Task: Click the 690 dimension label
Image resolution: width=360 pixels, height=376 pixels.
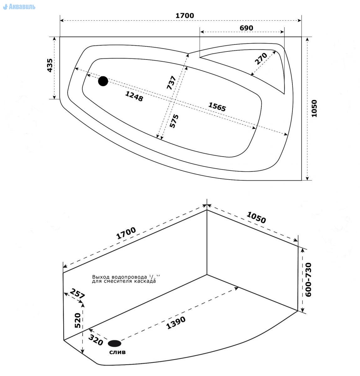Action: pyautogui.click(x=246, y=28)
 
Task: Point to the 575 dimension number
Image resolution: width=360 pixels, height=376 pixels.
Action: pyautogui.click(x=174, y=121)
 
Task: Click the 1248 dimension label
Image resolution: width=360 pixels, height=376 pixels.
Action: pyautogui.click(x=134, y=96)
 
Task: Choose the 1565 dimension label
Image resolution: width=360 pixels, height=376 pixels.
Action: pyautogui.click(x=217, y=107)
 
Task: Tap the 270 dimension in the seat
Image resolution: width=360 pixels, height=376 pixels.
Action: pyautogui.click(x=260, y=59)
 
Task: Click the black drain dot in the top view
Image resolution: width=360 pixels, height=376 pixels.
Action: pyautogui.click(x=103, y=81)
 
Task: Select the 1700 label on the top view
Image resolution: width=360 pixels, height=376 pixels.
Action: pyautogui.click(x=185, y=15)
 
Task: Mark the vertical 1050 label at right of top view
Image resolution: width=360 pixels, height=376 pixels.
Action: pyautogui.click(x=314, y=108)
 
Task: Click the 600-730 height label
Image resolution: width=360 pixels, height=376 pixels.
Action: pyautogui.click(x=308, y=280)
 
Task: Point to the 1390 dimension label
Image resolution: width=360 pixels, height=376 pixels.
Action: pyautogui.click(x=176, y=323)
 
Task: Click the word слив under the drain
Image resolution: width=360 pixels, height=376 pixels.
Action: pyautogui.click(x=117, y=352)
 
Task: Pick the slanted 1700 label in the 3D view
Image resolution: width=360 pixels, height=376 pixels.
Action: pyautogui.click(x=126, y=233)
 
